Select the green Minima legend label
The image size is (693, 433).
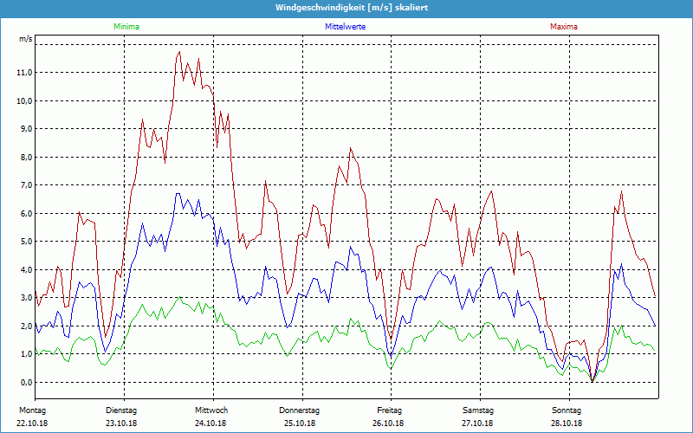pyautogui.click(x=126, y=27)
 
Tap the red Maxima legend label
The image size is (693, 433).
pyautogui.click(x=564, y=27)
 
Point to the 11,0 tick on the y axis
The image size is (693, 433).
pyautogui.click(x=24, y=73)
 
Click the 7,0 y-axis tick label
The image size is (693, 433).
pyautogui.click(x=24, y=185)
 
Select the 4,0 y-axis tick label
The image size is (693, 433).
pyautogui.click(x=24, y=269)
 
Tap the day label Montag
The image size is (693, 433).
pyautogui.click(x=32, y=410)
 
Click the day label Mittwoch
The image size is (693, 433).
pyautogui.click(x=211, y=410)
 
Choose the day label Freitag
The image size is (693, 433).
pyautogui.click(x=390, y=410)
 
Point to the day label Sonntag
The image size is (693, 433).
pyautogui.click(x=567, y=410)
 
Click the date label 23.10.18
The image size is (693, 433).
pyautogui.click(x=121, y=423)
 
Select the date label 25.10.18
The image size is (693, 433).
pyautogui.click(x=300, y=423)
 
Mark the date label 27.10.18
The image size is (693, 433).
pyautogui.click(x=478, y=423)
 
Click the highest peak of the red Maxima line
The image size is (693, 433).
pyautogui.click(x=179, y=52)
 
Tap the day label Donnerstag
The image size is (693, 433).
pyautogui.click(x=300, y=410)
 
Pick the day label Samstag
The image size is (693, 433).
pyautogui.click(x=478, y=410)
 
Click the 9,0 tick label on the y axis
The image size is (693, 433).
pyautogui.click(x=24, y=129)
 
